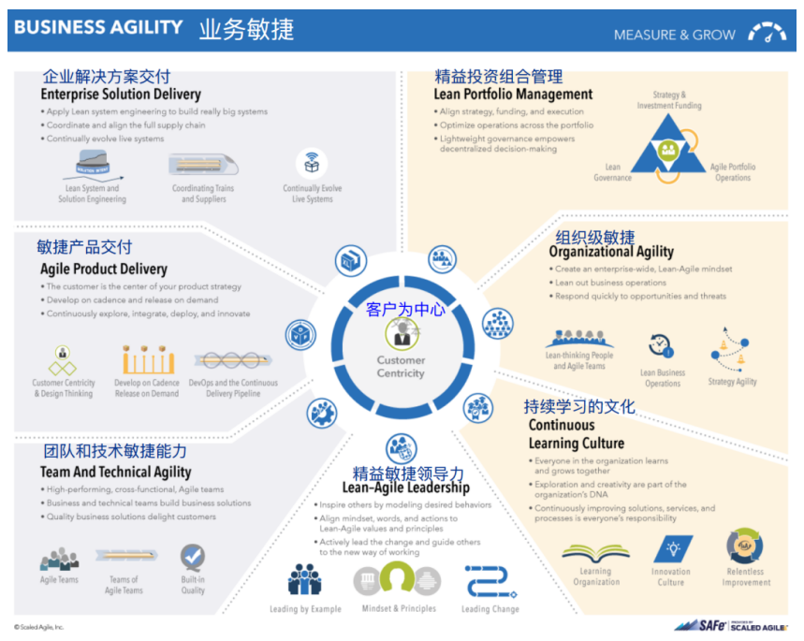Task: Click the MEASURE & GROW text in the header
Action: [674, 35]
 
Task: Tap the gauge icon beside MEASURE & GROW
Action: [767, 33]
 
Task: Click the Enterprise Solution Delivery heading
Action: [120, 95]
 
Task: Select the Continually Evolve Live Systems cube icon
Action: [312, 164]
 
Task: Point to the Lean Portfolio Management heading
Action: [513, 95]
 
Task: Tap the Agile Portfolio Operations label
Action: [732, 172]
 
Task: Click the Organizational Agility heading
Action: [610, 252]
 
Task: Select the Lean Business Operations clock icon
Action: [662, 346]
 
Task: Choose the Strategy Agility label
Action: [732, 382]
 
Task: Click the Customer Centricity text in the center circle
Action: [401, 367]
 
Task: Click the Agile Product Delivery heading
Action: [103, 270]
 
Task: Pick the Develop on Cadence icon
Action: [147, 359]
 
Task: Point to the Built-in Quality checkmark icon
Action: [193, 559]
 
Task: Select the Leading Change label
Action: [490, 609]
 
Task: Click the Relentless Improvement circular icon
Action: [744, 546]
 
